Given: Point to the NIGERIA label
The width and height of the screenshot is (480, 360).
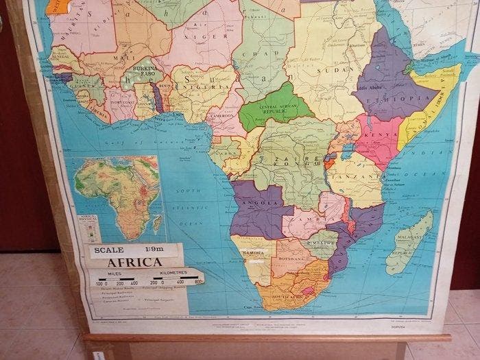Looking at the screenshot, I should [x=202, y=89].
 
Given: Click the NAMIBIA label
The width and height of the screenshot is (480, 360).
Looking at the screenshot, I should [x=253, y=253].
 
